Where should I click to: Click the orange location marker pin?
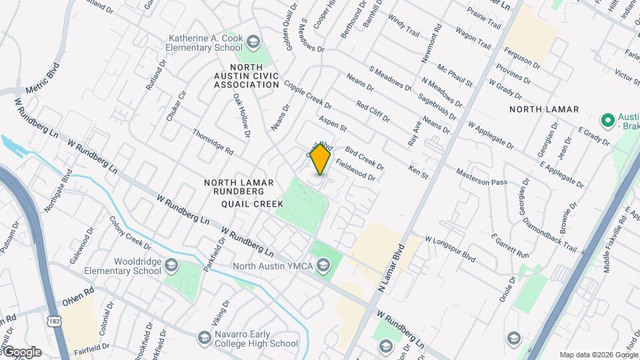coord(321,159)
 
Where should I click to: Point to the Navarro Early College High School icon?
coord(204,339)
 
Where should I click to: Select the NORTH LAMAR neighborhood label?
coord(543,109)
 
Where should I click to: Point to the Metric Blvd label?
coord(43,79)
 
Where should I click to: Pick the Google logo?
coord(21,352)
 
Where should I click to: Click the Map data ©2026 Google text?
coord(597,355)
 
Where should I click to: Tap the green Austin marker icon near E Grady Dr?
coord(607,121)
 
